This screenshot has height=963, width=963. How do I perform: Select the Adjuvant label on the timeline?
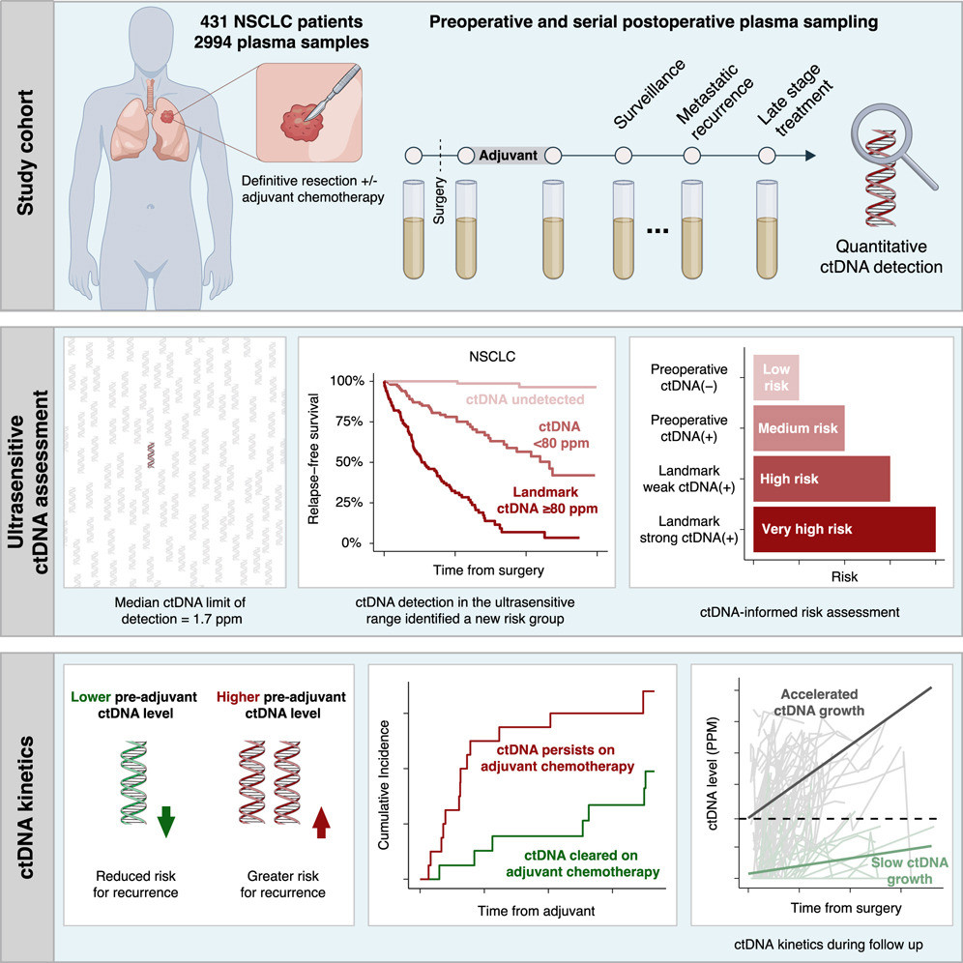coord(508,156)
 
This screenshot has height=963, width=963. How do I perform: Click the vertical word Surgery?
coord(439,200)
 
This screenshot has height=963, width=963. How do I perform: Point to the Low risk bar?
coord(776,378)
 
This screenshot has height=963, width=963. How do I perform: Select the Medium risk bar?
coord(799,428)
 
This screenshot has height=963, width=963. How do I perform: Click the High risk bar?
coord(822,479)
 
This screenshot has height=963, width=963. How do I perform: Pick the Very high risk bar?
coord(844,530)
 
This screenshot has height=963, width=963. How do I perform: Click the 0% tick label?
coord(351,543)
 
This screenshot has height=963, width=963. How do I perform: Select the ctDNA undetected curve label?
coord(525,399)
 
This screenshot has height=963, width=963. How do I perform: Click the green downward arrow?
coord(166,822)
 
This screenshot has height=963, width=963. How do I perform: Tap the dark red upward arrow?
coord(321,823)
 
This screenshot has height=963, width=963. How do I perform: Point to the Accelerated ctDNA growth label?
coord(819,703)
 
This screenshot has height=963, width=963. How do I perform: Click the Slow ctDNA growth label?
coord(910,870)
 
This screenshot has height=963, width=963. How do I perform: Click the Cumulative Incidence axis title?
coord(384,785)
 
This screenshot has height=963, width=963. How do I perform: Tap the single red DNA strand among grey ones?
coord(151,455)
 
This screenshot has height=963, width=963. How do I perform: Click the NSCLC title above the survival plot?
coord(492,356)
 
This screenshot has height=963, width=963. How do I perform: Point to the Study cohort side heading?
coord(25,153)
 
